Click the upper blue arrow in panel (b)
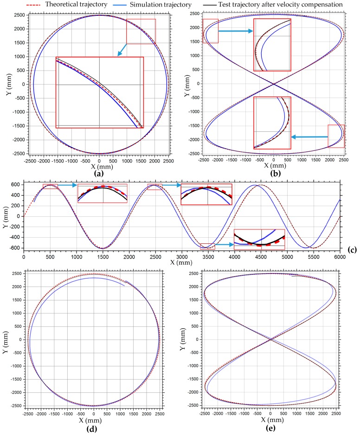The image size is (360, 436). [235, 31]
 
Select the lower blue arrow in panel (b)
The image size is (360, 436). [309, 137]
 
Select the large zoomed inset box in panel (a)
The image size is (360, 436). [99, 92]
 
